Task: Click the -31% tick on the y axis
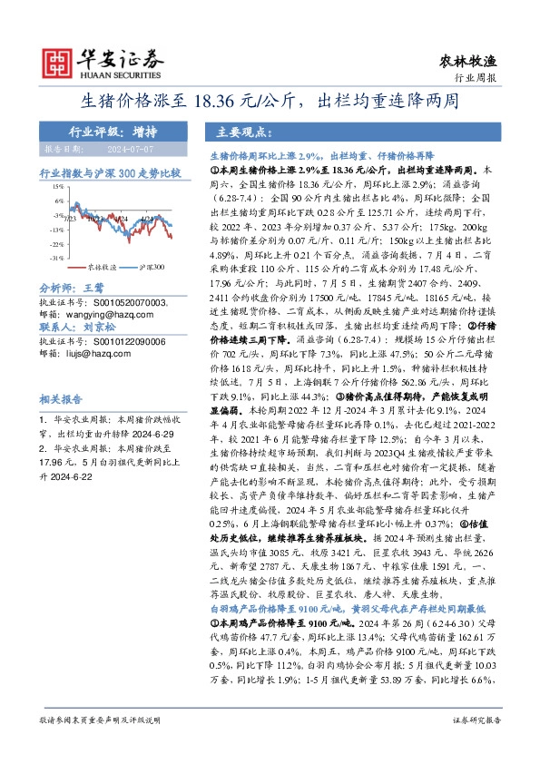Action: (54, 259)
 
